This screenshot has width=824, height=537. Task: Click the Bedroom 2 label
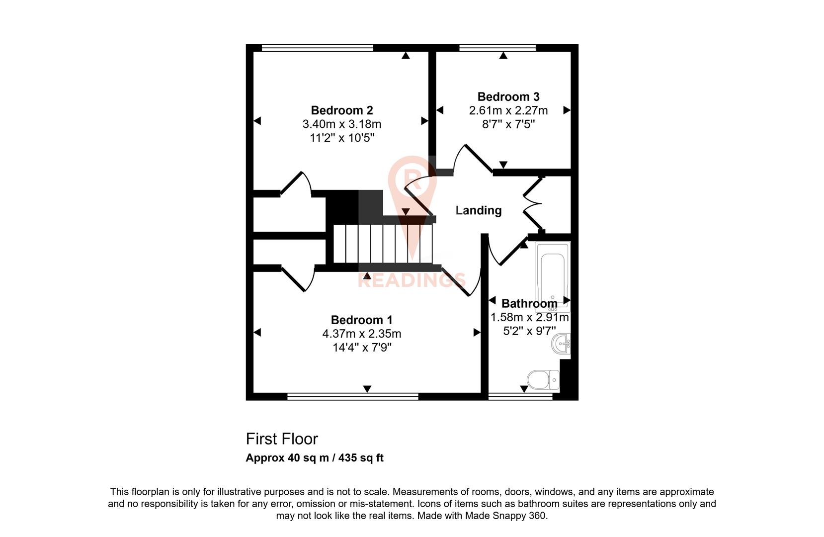342,110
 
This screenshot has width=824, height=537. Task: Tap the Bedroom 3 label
508,96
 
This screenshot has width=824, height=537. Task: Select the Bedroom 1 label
362,320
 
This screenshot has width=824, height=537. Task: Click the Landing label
479,210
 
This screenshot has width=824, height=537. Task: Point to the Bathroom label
529,303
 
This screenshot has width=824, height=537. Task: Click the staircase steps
383,243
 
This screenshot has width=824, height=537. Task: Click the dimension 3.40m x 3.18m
342,124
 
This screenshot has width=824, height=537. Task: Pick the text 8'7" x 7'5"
508,124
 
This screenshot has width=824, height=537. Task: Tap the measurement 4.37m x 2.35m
362,334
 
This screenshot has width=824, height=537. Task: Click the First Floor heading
282,439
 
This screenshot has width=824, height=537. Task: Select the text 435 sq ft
361,458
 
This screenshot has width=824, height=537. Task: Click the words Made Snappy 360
505,516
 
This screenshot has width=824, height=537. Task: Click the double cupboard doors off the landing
532,203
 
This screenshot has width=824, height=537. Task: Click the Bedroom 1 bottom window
353,396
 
